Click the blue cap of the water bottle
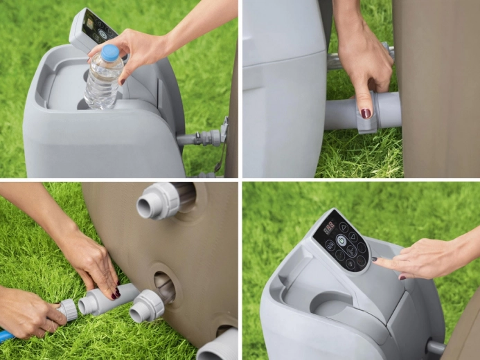pyautogui.click(x=110, y=53)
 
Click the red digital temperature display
pyautogui.click(x=329, y=228)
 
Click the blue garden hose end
pyautogui.click(x=6, y=336)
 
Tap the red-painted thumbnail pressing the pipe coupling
pyautogui.click(x=365, y=113)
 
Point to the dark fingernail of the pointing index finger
pyautogui.click(x=374, y=259)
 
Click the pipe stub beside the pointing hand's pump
pyautogui.click(x=435, y=345)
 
